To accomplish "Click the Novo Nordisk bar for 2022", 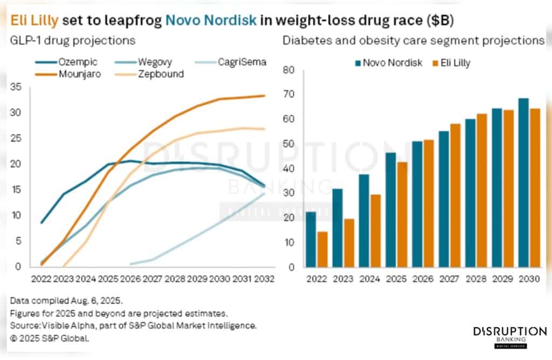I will [311, 239].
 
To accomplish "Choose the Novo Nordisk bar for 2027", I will [444, 199].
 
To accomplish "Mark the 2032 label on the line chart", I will [264, 279].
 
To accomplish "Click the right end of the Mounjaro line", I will [264, 96].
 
